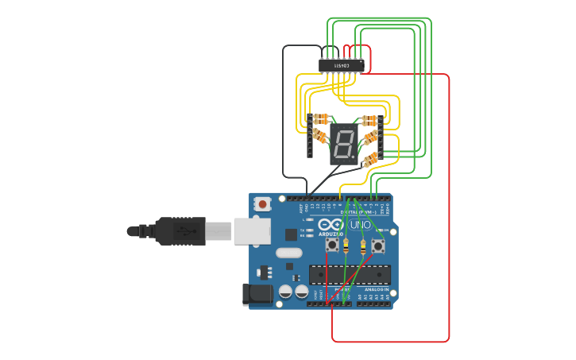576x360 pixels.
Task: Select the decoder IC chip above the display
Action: [x=342, y=66]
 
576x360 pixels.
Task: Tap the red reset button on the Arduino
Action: [x=261, y=204]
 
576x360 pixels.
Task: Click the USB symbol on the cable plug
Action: [x=184, y=231]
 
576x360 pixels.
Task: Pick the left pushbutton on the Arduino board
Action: [x=332, y=246]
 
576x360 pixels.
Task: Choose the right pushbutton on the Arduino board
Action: [x=378, y=246]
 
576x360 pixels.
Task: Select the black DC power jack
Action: [x=257, y=294]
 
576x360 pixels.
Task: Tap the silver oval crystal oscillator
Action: [x=288, y=254]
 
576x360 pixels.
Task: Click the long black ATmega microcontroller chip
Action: [x=350, y=274]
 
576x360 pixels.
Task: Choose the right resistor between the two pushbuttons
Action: [x=363, y=248]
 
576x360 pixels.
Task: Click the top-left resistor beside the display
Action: [x=320, y=119]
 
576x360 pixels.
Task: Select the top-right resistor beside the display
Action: [x=369, y=121]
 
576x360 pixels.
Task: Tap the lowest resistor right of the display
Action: [x=370, y=160]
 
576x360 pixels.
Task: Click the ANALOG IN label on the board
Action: [x=377, y=290]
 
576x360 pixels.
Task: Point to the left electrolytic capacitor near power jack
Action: [x=285, y=292]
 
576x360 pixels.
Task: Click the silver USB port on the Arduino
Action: [x=252, y=230]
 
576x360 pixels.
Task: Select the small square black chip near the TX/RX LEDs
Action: [x=291, y=234]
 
